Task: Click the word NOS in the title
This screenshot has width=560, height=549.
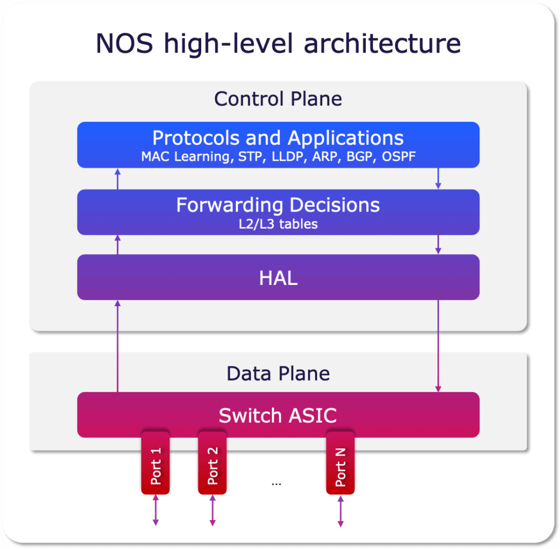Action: click(125, 43)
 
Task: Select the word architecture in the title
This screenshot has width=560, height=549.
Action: click(382, 43)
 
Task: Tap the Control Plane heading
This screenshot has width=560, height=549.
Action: click(278, 99)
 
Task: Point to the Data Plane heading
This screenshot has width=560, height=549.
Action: click(278, 373)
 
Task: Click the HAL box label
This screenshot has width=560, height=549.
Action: click(278, 278)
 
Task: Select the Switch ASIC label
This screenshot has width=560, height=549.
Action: click(278, 416)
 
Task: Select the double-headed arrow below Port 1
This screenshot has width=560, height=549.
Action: click(156, 510)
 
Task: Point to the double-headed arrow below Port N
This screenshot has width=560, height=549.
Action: click(341, 511)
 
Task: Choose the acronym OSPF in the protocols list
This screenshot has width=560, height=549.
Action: click(399, 156)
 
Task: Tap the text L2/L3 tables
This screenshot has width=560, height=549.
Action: click(278, 224)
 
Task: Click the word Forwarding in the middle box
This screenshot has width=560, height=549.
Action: click(230, 206)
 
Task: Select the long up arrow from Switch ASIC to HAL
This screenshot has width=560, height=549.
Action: click(118, 346)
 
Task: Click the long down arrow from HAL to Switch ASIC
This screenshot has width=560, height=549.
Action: click(438, 346)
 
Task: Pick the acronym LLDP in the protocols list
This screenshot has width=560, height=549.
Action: click(288, 157)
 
